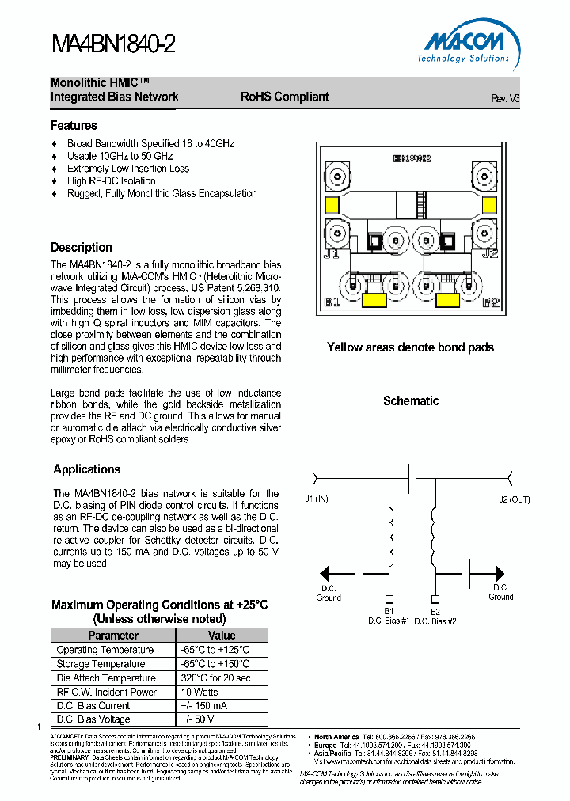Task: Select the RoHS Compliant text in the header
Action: (284, 97)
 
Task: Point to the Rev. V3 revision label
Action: (504, 99)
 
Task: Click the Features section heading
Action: (74, 126)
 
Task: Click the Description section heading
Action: (82, 248)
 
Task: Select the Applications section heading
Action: (86, 469)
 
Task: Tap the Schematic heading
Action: (410, 401)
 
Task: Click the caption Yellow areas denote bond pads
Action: (410, 347)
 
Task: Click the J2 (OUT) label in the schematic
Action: (514, 499)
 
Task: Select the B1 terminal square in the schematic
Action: (389, 599)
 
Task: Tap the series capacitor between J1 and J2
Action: (412, 477)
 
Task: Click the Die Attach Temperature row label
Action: (106, 678)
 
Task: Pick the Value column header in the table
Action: (222, 636)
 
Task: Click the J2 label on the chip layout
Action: (488, 254)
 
